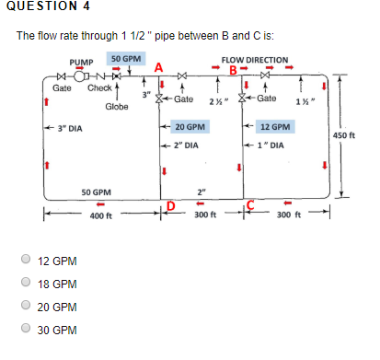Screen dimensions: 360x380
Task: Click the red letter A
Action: click(159, 66)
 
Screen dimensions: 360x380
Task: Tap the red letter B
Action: click(234, 71)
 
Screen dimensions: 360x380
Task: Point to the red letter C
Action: click(249, 203)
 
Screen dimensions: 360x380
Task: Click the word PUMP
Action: click(83, 65)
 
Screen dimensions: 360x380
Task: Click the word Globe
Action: click(116, 107)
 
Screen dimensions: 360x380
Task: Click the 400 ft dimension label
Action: click(101, 216)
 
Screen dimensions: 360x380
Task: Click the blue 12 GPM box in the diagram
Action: click(275, 127)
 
